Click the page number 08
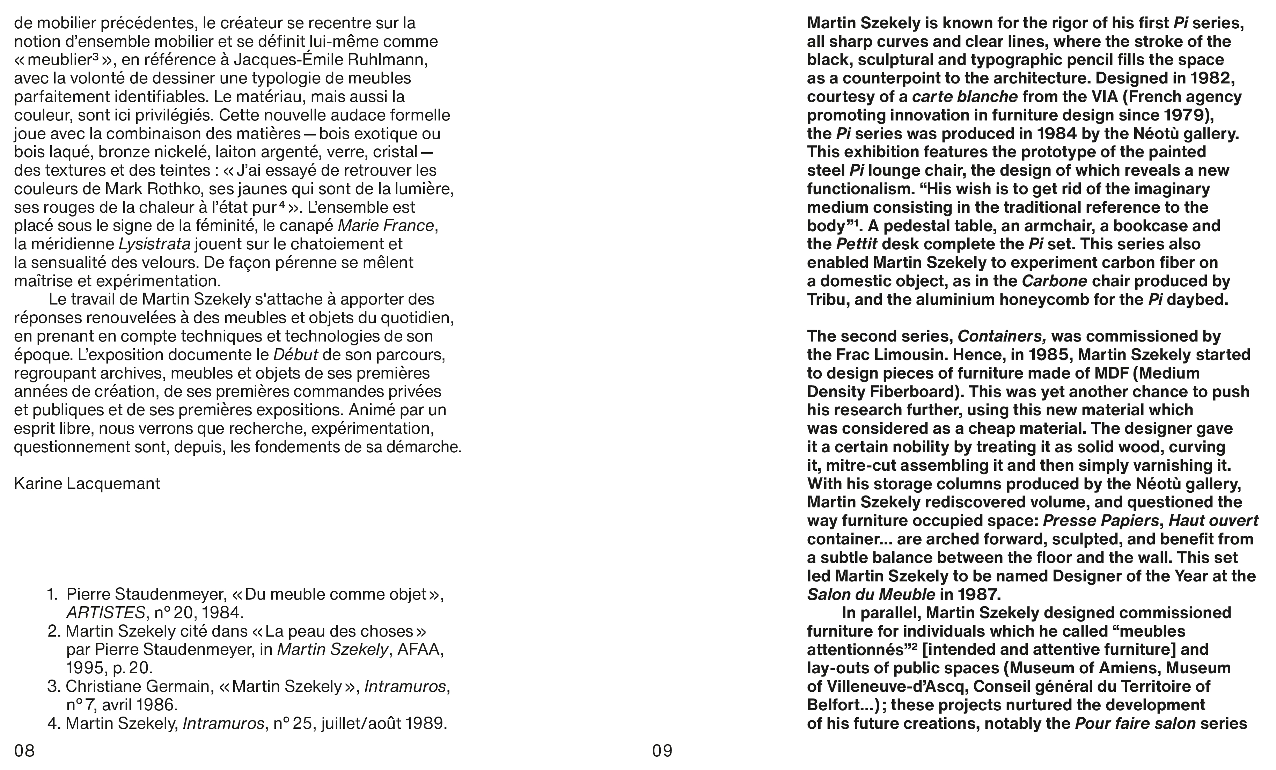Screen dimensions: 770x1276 pos(24,750)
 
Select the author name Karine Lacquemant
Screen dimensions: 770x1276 pos(87,484)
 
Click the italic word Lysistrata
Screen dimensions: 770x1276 pos(154,244)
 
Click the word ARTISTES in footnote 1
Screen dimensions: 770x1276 pos(105,613)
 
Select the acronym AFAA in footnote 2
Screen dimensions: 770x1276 pos(420,649)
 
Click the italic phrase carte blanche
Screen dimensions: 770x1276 pos(965,97)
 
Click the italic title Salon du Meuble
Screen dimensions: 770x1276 pos(871,594)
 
